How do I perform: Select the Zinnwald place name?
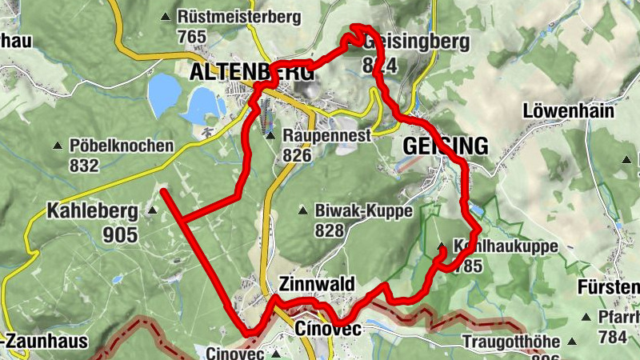(316, 284)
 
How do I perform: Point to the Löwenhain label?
(569, 110)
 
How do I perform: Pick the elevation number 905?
(120, 234)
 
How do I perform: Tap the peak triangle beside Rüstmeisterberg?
(166, 17)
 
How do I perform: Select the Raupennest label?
(326, 136)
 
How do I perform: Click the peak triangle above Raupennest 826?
(271, 136)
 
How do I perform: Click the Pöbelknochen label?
(122, 146)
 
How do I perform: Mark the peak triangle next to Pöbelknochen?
(58, 146)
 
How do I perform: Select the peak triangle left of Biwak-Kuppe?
(302, 211)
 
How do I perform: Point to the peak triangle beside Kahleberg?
(152, 212)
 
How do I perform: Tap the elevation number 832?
(84, 166)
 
